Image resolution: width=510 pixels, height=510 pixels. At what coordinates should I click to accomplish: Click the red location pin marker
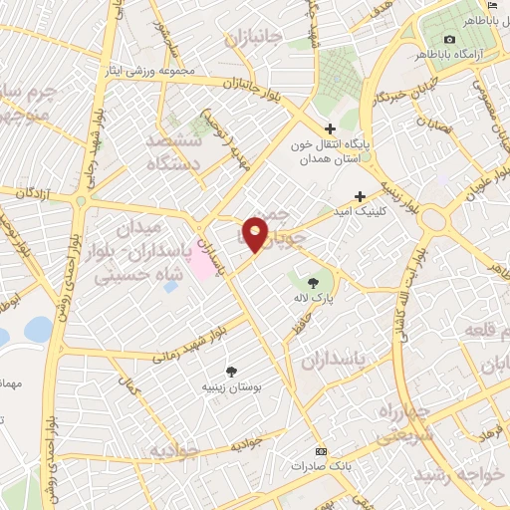pos(256,233)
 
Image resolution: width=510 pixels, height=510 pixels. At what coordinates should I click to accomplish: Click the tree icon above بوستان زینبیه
pos(231,372)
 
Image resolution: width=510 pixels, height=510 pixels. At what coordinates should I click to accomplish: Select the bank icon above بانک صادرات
pos(320,450)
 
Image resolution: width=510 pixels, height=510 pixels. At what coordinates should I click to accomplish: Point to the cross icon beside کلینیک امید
pos(360,195)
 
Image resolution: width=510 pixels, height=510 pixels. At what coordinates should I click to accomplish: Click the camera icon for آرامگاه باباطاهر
pos(449,39)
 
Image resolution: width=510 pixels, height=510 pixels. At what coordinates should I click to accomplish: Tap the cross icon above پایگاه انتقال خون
pos(332,128)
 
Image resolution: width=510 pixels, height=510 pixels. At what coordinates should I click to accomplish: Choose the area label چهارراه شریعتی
pos(404,423)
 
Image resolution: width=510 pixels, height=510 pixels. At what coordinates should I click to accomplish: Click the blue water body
pos(37,329)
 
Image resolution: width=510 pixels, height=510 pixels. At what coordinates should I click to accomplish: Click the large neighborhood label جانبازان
pos(254,40)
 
